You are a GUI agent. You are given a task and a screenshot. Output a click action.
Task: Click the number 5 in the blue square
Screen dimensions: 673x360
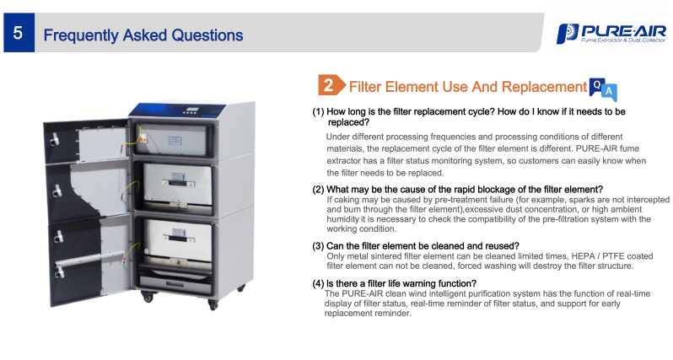click(18, 33)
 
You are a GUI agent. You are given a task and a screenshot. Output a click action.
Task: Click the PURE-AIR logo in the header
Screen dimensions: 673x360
click(611, 34)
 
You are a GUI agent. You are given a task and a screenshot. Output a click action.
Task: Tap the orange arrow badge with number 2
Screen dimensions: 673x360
click(331, 85)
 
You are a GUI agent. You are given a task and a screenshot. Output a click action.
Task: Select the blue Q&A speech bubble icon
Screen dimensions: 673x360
click(603, 89)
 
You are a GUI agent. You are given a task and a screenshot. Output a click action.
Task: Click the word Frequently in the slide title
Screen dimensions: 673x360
click(81, 35)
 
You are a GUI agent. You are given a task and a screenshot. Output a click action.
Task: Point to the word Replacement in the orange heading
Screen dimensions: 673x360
click(544, 87)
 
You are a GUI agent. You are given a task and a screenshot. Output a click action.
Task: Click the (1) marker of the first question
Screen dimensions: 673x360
click(318, 111)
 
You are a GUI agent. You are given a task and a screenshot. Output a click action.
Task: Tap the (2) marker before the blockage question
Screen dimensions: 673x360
click(318, 190)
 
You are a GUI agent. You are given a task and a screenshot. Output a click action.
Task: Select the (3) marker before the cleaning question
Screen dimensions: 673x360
click(318, 246)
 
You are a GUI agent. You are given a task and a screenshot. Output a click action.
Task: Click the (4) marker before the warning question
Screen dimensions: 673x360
click(318, 283)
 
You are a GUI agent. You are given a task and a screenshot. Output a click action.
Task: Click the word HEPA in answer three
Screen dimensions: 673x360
click(583, 256)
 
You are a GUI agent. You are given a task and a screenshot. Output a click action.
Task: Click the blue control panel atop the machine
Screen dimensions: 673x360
click(177, 110)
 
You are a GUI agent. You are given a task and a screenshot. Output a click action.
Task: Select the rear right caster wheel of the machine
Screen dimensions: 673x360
click(242, 287)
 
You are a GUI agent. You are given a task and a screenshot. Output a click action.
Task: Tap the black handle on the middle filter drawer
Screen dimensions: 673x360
click(177, 183)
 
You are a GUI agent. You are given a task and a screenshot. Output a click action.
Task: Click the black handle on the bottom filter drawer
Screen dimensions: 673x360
click(177, 239)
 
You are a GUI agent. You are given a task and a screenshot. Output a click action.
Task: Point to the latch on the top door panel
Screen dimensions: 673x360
click(55, 138)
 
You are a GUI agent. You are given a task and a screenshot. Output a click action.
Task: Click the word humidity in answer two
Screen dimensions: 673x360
click(343, 219)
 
